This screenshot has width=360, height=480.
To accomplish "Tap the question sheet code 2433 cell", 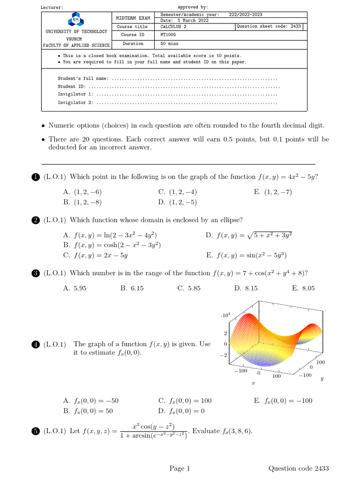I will (269, 27).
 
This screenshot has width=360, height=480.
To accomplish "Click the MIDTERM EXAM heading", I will (133, 18).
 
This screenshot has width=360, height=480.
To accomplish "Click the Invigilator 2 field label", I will (75, 103).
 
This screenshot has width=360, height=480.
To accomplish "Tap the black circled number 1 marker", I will (36, 177).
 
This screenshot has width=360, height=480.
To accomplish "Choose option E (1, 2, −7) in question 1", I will (272, 192).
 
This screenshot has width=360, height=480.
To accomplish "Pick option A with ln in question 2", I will (110, 235).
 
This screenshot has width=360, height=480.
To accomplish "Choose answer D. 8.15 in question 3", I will (246, 288).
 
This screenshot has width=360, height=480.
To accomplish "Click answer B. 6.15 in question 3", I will (132, 288).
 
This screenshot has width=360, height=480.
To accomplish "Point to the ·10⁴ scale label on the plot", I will (225, 316).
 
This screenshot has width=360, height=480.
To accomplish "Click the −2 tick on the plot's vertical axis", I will (224, 355).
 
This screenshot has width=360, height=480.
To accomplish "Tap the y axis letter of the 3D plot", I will (322, 379).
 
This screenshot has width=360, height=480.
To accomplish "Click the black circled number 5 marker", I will (36, 432).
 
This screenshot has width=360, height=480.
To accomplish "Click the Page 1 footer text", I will (180, 468).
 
